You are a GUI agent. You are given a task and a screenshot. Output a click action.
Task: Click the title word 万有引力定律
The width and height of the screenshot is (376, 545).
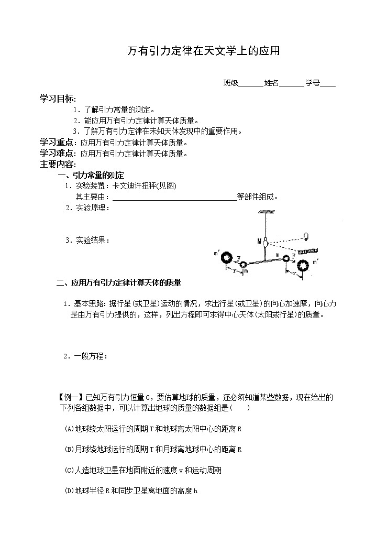(158, 51)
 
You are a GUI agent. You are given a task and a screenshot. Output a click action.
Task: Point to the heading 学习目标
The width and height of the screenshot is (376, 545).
(57, 99)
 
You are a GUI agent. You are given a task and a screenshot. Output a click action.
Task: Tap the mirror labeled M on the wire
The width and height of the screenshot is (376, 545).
(266, 243)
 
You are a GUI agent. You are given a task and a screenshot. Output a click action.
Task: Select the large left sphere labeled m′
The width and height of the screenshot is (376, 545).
(227, 258)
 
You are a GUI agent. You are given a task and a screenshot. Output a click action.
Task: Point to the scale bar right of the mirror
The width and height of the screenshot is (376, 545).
(307, 252)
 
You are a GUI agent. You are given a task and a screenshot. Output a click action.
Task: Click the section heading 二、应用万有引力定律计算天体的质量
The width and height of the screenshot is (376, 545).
(118, 283)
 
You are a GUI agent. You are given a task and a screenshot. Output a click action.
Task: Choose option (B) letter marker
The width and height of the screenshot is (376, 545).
(69, 449)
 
